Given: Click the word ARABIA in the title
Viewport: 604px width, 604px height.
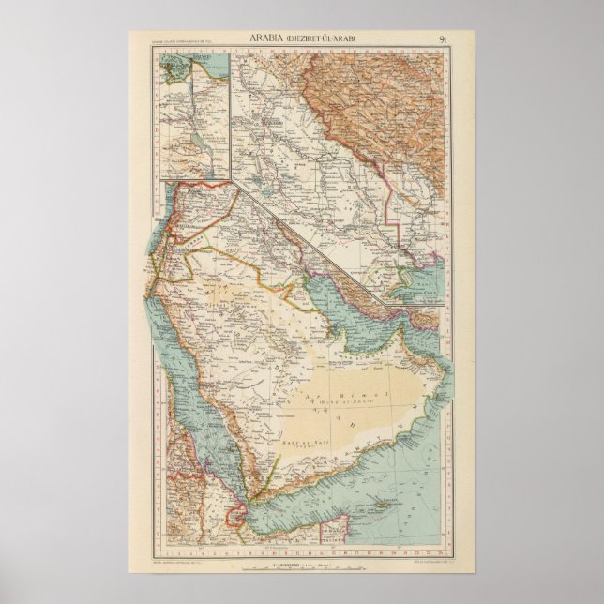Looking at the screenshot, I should point(268,38).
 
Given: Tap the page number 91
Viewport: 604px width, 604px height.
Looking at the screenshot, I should point(443,38).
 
